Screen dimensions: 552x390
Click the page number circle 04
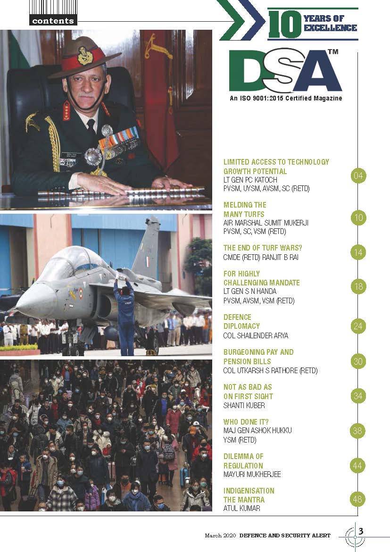[358, 176]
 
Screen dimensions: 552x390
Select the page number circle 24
[358, 326]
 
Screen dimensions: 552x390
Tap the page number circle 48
[358, 499]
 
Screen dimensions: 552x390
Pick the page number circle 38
[358, 430]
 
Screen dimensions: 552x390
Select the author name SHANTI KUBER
[245, 405]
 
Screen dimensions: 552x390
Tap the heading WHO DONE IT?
[246, 422]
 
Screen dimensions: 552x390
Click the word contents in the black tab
[53, 21]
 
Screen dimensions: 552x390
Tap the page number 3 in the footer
[361, 531]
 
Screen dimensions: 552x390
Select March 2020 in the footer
[220, 535]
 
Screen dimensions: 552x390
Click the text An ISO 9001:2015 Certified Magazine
[286, 99]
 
